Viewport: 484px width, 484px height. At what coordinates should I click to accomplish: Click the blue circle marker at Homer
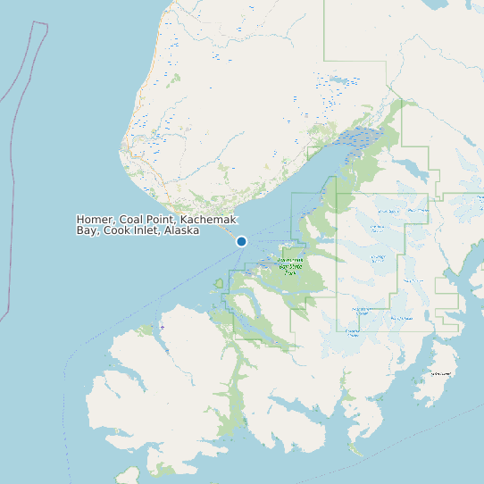click(241, 241)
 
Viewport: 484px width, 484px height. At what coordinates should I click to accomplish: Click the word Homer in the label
click(96, 220)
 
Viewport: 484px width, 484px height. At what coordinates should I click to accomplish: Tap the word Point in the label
click(164, 220)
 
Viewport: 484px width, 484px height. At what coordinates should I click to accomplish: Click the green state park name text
click(289, 265)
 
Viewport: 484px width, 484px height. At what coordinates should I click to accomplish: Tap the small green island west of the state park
click(219, 284)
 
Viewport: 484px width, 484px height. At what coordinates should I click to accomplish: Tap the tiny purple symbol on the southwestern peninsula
click(163, 328)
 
